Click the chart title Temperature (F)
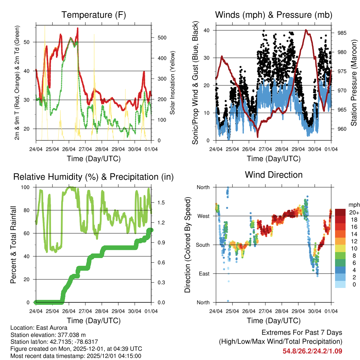click(x=94, y=15)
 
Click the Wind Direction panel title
click(x=274, y=175)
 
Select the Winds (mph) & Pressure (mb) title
click(x=274, y=15)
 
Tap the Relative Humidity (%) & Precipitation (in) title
click(x=94, y=177)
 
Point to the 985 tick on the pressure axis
click(x=342, y=33)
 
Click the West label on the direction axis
click(x=203, y=216)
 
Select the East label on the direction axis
click(x=204, y=274)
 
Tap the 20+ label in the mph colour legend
click(x=354, y=212)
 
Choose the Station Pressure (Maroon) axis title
click(x=354, y=83)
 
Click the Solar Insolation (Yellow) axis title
click(x=173, y=83)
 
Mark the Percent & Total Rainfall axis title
click(x=14, y=245)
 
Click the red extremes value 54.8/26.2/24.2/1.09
click(x=312, y=351)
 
